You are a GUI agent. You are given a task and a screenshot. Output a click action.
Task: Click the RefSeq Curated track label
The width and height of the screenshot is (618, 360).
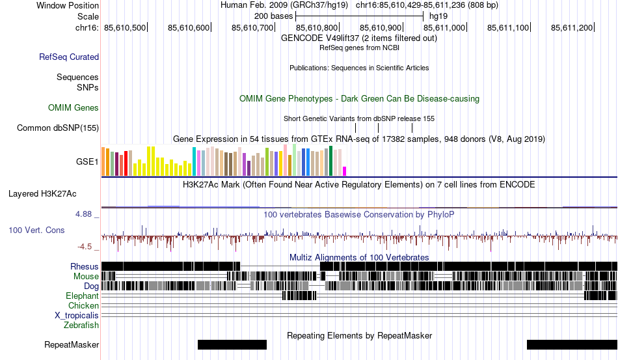pyautogui.click(x=69, y=57)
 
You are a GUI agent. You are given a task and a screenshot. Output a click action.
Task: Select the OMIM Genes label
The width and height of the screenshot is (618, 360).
pyautogui.click(x=74, y=107)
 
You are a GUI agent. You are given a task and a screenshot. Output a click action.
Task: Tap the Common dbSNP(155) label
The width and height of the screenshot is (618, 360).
pyautogui.click(x=58, y=128)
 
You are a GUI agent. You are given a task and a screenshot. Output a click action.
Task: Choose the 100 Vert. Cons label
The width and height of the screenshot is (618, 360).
pyautogui.click(x=36, y=230)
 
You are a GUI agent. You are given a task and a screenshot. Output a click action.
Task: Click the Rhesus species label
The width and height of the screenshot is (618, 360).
pyautogui.click(x=85, y=266)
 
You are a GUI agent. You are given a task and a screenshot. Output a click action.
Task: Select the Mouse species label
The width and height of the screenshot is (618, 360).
pyautogui.click(x=86, y=276)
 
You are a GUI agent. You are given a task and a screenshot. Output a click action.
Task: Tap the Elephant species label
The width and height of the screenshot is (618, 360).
pyautogui.click(x=82, y=296)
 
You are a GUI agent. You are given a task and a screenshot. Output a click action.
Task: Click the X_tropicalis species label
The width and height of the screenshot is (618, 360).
pyautogui.click(x=77, y=315)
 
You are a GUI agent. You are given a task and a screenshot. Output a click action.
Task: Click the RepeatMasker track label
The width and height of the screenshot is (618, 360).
pyautogui.click(x=72, y=344)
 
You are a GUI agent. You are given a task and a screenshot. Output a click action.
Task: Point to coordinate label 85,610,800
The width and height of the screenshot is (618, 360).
pyautogui.click(x=317, y=27)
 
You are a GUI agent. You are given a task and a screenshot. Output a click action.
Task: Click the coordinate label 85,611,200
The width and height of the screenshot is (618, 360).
pyautogui.click(x=572, y=27)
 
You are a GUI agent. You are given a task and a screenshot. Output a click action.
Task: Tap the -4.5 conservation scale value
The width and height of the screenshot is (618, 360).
pyautogui.click(x=88, y=247)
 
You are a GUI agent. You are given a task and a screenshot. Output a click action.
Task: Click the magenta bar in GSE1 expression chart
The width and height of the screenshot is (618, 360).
pyautogui.click(x=345, y=171)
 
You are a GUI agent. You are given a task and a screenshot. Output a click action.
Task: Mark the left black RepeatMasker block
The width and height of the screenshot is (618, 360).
pyautogui.click(x=232, y=344)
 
